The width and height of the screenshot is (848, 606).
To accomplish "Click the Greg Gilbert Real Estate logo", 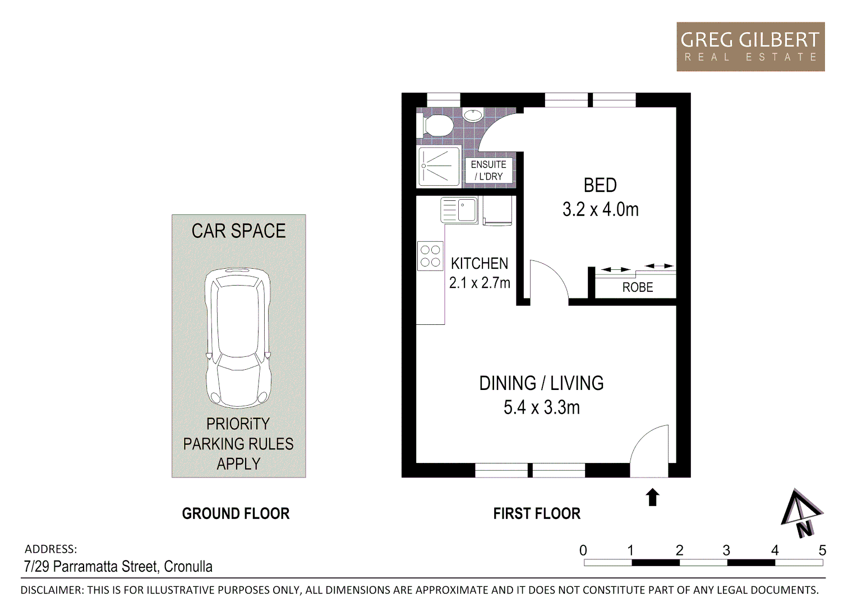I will [x=750, y=47].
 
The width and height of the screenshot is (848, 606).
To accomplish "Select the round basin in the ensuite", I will [x=473, y=116].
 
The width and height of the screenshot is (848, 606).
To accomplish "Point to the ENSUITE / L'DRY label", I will [x=488, y=170].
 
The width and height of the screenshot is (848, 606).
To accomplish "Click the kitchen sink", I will [x=467, y=210].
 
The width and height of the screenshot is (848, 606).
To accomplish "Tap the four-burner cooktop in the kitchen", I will [x=430, y=256].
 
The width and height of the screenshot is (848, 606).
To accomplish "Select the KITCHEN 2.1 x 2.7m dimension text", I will [x=480, y=283].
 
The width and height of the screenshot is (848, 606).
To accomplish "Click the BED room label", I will [x=600, y=185].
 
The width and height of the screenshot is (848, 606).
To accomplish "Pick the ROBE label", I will [x=638, y=287].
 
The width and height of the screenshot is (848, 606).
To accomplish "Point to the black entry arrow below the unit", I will [x=652, y=497].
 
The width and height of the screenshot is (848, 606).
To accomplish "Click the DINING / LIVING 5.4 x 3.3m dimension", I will [x=541, y=407].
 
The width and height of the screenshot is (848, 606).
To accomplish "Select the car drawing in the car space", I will [x=238, y=337].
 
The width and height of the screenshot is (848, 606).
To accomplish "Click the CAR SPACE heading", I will [x=238, y=231].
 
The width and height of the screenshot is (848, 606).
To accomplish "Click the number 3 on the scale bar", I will [x=726, y=550].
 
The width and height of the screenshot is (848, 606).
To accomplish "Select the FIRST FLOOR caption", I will [x=537, y=513].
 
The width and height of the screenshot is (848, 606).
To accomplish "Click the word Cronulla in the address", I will [x=188, y=567].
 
